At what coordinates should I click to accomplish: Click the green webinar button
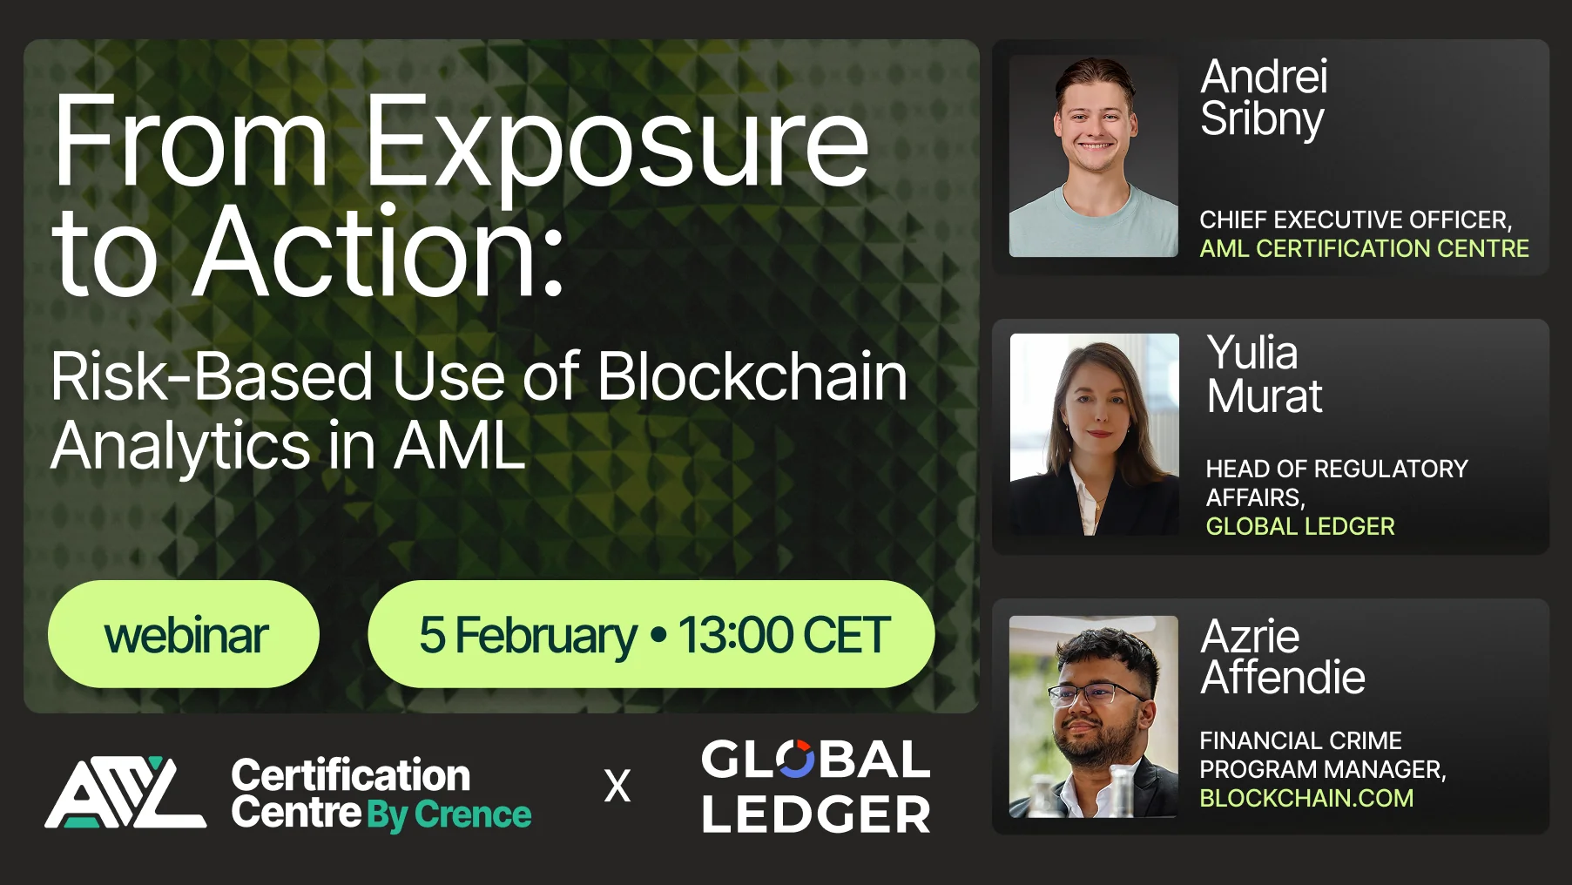[184, 634]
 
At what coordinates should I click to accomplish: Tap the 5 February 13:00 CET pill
[651, 634]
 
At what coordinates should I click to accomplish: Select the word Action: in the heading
[378, 253]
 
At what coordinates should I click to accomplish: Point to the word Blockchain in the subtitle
[752, 376]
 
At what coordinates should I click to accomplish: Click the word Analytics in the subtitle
[180, 445]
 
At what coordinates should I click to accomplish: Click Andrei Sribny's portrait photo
[1093, 157]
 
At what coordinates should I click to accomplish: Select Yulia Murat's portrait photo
[1094, 434]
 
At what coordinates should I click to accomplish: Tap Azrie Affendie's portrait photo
[1093, 716]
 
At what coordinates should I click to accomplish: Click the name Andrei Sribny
[1264, 98]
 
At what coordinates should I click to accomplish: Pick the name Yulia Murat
[1264, 375]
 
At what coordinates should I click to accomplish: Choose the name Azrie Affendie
[1282, 657]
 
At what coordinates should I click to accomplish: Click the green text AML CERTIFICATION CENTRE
[1364, 249]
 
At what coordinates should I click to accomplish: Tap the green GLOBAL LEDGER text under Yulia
[1299, 526]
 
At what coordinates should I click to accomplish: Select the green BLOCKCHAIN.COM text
[1306, 798]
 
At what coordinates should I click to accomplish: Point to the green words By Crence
[449, 815]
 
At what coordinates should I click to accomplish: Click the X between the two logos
[617, 787]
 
